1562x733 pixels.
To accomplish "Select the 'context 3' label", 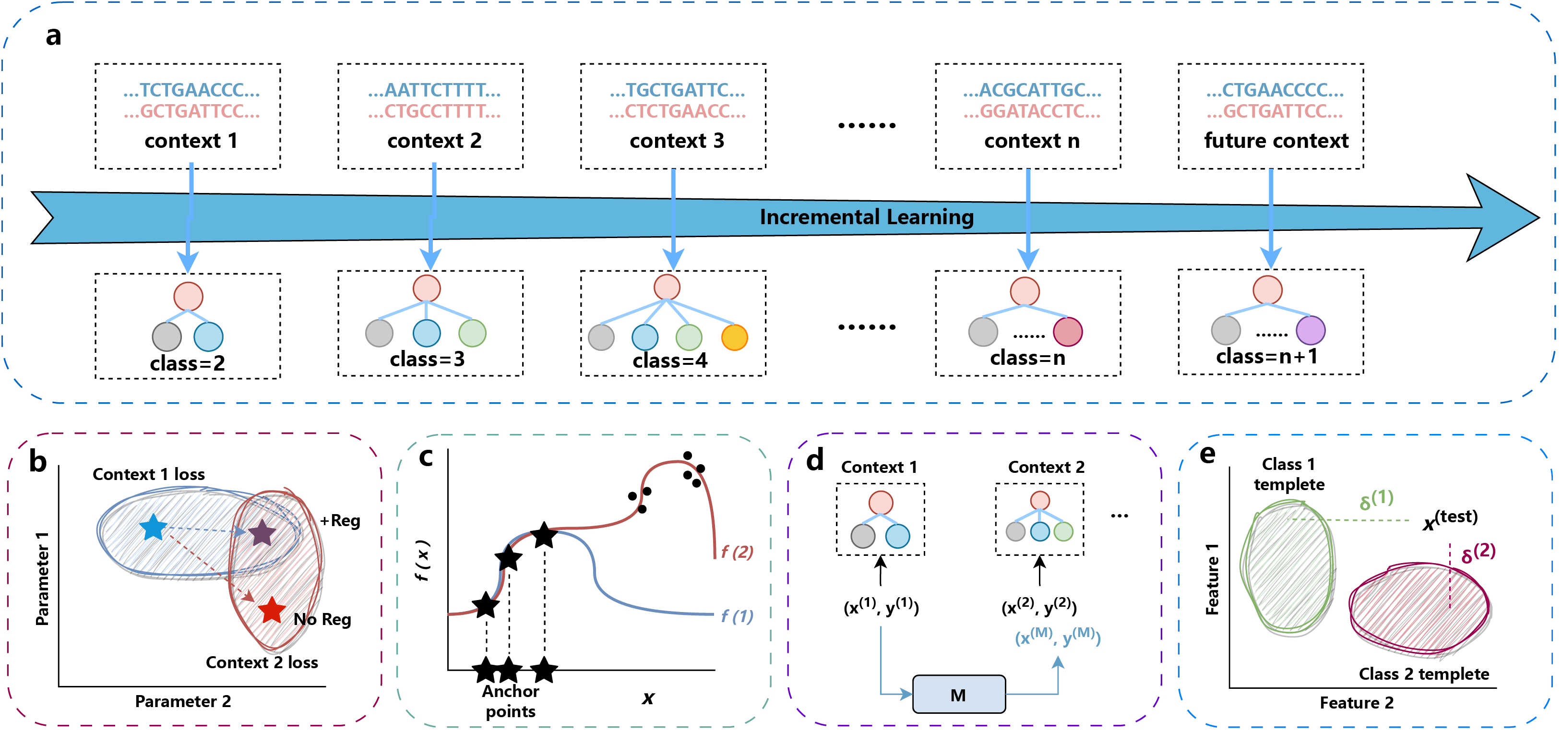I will click(677, 141).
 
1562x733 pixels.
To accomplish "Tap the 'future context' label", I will click(1276, 141).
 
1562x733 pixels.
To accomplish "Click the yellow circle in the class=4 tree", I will click(734, 337).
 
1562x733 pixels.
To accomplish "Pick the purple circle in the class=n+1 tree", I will click(1311, 331).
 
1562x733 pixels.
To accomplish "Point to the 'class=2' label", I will click(187, 363).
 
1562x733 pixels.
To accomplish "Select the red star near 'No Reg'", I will click(272, 611).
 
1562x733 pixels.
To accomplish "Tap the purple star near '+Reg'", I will click(262, 533).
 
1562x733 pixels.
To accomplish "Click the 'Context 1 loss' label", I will click(149, 475).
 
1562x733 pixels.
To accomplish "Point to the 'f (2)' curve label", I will click(737, 552).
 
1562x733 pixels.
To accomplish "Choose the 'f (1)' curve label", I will click(737, 616).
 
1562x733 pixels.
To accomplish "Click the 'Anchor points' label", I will click(511, 701).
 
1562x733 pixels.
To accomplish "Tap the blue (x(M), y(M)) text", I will click(1058, 637).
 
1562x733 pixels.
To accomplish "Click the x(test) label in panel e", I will click(1450, 519).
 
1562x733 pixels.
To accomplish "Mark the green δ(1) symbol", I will click(1376, 500).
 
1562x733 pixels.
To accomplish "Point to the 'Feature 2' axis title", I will click(1357, 703).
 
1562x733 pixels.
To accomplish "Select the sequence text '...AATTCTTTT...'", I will click(434, 90).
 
